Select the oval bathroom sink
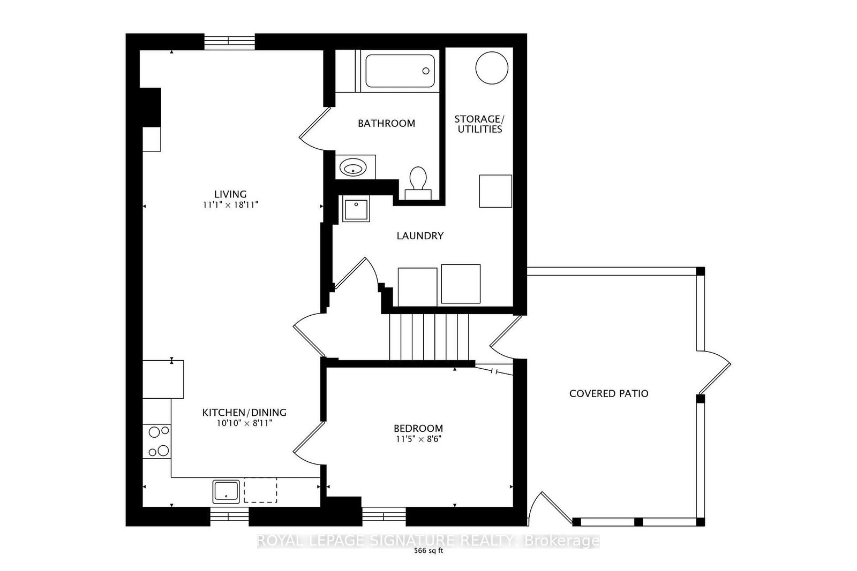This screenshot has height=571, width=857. click(354, 169)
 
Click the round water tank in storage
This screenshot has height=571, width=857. click(492, 67)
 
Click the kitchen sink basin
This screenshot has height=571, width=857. click(226, 491)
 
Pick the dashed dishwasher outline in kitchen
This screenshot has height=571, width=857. click(260, 490)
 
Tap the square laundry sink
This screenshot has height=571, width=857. click(356, 210)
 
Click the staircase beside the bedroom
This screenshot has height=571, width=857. click(428, 337)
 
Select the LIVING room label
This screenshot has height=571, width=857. click(230, 194)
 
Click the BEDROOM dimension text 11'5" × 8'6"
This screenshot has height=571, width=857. click(418, 439)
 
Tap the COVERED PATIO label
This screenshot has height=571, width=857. click(608, 394)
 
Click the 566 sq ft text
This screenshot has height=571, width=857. click(428, 552)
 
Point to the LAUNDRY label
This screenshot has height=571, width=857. click(420, 236)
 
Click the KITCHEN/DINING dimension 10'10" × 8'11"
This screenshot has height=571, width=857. click(244, 423)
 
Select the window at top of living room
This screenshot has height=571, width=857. click(229, 41)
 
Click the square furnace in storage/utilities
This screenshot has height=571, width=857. click(495, 191)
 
